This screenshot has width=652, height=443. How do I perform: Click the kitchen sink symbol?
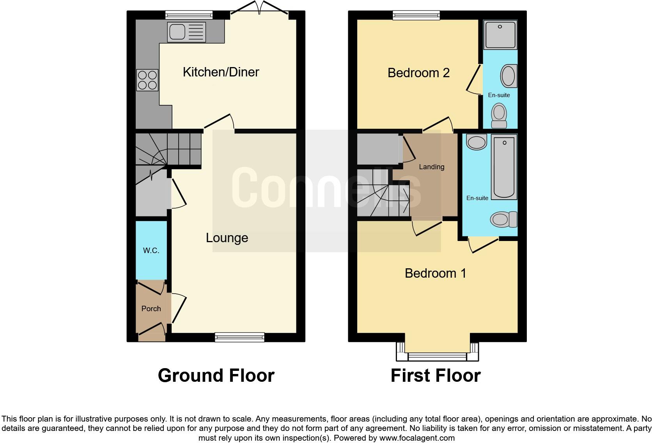(x=186, y=32)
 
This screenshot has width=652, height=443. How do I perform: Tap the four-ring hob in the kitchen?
(x=147, y=80)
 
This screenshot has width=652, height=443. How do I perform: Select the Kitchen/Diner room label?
(x=221, y=72)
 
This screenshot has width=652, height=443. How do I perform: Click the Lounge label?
(x=227, y=238)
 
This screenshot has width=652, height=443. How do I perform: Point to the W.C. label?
(x=151, y=251)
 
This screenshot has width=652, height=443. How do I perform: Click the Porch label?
(x=151, y=309)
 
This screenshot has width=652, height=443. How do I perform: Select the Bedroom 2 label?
(x=418, y=73)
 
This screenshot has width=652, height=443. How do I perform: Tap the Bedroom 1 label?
(x=435, y=273)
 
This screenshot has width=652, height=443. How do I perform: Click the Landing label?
(x=431, y=167)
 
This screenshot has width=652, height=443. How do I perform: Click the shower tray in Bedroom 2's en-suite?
(x=500, y=35)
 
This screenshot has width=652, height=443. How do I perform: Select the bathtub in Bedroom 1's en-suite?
(x=504, y=167)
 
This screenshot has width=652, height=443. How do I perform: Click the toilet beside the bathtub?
(x=503, y=220)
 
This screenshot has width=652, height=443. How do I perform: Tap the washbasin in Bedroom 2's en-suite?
(x=508, y=76)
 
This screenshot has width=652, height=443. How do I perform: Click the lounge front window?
(x=239, y=337)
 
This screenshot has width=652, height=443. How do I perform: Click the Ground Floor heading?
(x=216, y=376)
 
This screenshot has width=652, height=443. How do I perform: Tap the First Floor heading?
(x=435, y=376)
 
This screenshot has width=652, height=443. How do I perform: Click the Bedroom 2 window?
(x=416, y=15)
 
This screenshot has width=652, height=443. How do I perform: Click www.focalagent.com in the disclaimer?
(x=416, y=438)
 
